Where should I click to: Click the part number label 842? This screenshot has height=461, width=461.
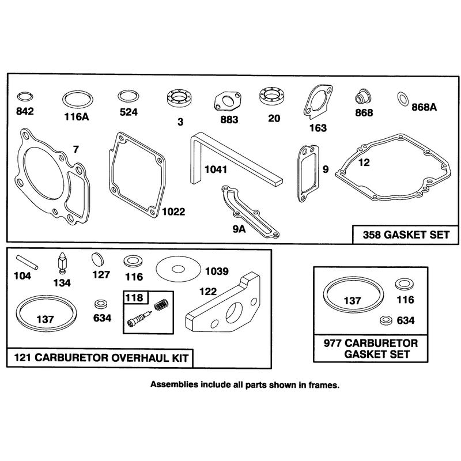coord(25,111)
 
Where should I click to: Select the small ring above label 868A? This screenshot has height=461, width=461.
coord(402,99)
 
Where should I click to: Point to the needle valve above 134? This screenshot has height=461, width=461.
coord(62,263)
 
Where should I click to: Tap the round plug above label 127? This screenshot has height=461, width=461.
coord(98,259)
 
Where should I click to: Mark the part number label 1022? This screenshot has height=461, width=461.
coord(173,211)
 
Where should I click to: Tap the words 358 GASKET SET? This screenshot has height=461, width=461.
coord(406,235)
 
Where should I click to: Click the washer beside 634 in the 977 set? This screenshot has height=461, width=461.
coord(386,320)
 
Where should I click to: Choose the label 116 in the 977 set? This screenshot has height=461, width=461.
coord(405,300)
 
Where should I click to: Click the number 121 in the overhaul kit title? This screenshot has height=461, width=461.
coord(22,358)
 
